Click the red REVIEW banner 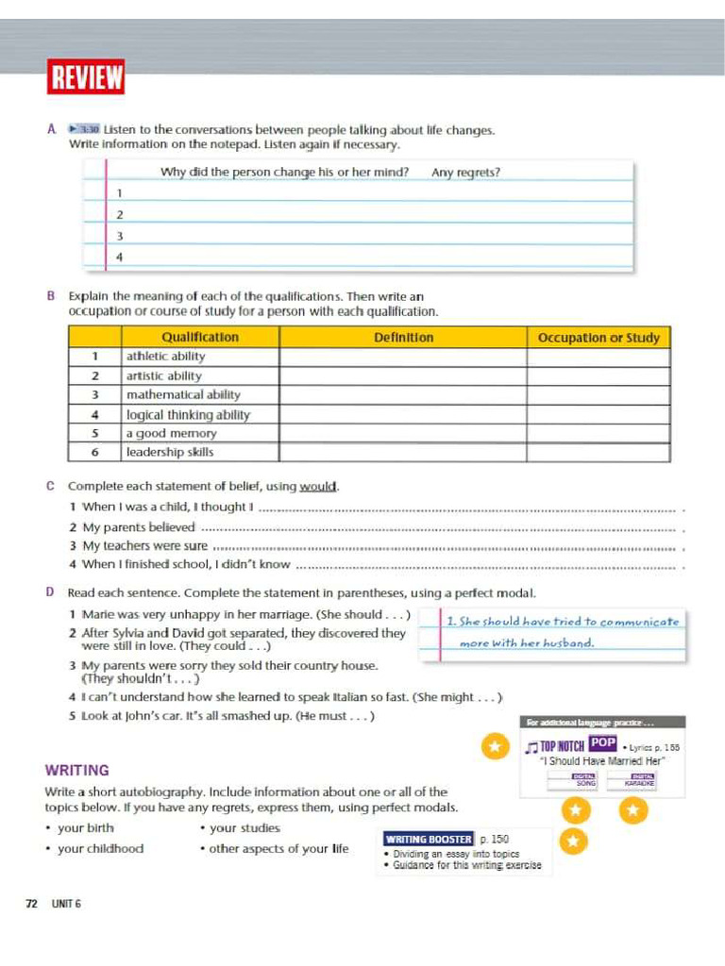pos(86,77)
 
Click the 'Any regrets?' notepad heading pos(465,173)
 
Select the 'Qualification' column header pos(200,337)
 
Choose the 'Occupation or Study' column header pos(599,337)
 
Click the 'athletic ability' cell pos(165,357)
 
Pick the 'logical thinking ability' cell pos(188,414)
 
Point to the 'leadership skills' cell pos(170,452)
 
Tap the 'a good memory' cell pos(171,433)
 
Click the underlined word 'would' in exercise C pos(318,487)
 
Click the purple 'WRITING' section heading pos(77,771)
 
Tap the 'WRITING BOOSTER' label pos(429,839)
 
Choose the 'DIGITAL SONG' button pos(574,780)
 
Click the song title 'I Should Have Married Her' pos(603,760)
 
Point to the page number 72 pos(31,904)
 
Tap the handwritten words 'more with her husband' pos(527,643)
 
